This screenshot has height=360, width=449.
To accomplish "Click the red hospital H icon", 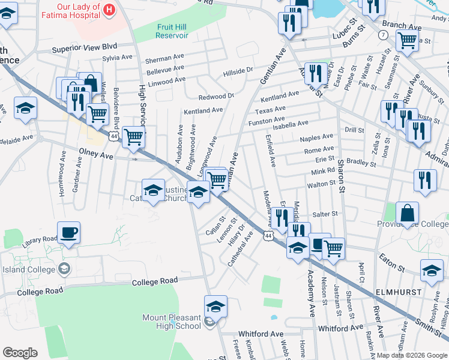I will click(109, 9).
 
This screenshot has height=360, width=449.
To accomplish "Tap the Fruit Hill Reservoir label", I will click(172, 31).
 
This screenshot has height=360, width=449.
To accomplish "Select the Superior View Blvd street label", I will click(84, 47).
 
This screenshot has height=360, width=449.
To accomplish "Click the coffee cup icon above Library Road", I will click(69, 232).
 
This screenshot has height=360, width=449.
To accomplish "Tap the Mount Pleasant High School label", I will click(171, 322).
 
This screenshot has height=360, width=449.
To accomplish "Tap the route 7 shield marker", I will click(383, 35).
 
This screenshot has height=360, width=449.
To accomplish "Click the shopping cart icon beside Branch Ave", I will click(407, 41).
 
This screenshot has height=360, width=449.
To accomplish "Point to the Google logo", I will click(20, 353).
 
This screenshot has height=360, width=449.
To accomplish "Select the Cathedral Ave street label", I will click(238, 254).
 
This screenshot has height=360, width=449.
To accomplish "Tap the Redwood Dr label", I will click(216, 96).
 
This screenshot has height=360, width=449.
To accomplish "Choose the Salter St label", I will click(326, 214).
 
